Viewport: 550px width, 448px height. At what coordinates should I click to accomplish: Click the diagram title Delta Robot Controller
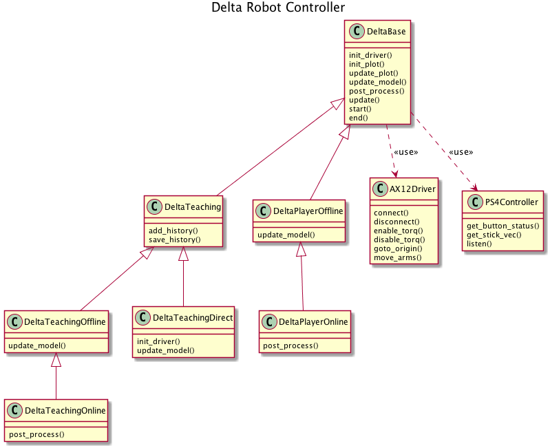click(278, 8)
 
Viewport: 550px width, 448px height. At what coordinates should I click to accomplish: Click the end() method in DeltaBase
click(359, 118)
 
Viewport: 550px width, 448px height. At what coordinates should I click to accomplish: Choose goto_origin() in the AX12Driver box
click(398, 248)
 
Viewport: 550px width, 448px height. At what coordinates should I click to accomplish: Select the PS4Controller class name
click(511, 202)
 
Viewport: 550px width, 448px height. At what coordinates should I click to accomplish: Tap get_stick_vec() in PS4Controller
click(494, 235)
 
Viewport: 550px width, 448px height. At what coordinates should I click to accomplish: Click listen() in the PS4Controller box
click(480, 244)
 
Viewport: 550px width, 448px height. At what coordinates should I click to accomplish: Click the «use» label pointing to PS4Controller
click(461, 152)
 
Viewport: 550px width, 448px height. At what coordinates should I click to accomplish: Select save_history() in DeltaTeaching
click(174, 239)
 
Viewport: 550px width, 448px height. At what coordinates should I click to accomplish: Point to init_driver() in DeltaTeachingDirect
click(158, 341)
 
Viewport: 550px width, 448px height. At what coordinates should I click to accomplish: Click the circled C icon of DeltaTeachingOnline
click(15, 411)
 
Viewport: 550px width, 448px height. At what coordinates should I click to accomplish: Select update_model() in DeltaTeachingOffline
click(36, 345)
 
